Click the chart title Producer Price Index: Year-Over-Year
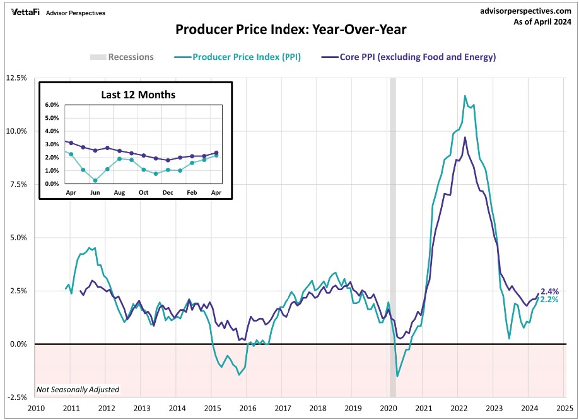[x=290, y=30]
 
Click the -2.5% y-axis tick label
[x=16, y=397]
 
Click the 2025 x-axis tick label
[x=564, y=408]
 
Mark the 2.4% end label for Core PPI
[x=550, y=291]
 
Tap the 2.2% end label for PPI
[x=550, y=300]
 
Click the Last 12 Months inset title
[x=138, y=95]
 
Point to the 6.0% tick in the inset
[x=51, y=105]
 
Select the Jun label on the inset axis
[x=95, y=192]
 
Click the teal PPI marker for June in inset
[x=95, y=180]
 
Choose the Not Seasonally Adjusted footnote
[x=78, y=390]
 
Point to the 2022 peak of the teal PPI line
[x=465, y=96]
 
